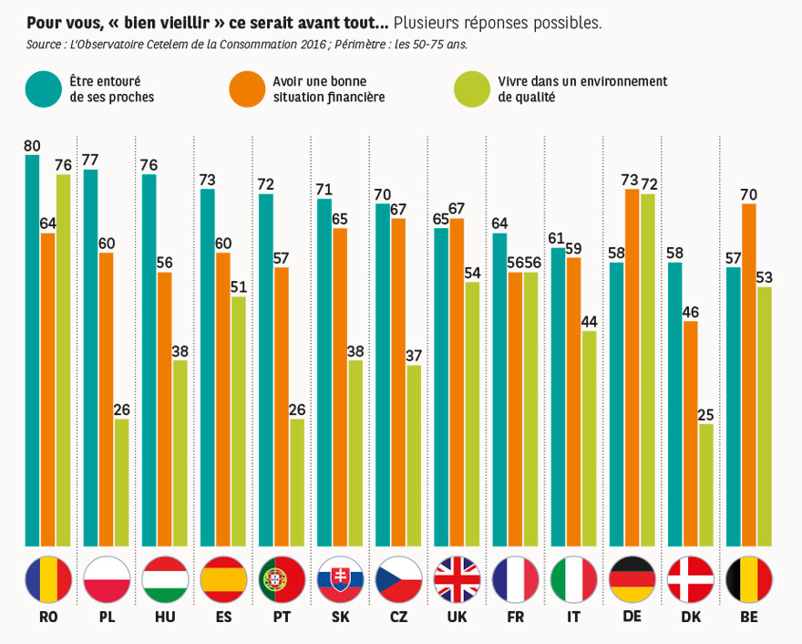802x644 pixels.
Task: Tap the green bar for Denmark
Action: tap(705, 483)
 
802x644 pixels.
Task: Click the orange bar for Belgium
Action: tap(748, 374)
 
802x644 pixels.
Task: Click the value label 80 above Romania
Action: tap(32, 145)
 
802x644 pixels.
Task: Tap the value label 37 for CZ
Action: tap(413, 355)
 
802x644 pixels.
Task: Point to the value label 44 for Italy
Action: tap(588, 320)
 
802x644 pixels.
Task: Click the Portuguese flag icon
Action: tap(283, 579)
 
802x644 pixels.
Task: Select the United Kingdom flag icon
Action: tap(458, 579)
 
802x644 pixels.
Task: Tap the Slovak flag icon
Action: tap(341, 579)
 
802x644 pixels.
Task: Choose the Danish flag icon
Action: tap(691, 579)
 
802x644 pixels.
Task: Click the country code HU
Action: tap(165, 617)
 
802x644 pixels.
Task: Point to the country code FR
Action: tap(515, 617)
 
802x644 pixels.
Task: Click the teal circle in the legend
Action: tap(42, 88)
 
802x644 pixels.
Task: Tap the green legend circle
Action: tap(470, 88)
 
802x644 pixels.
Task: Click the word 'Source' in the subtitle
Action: tap(45, 43)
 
